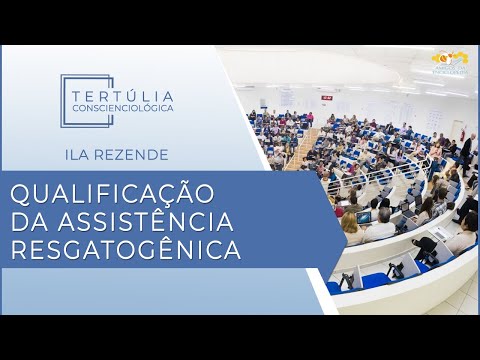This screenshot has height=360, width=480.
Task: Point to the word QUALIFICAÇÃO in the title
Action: coord(110,193)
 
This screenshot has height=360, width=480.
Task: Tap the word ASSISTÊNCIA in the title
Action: coord(151,221)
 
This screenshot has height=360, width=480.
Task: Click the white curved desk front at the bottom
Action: coord(400,295)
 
